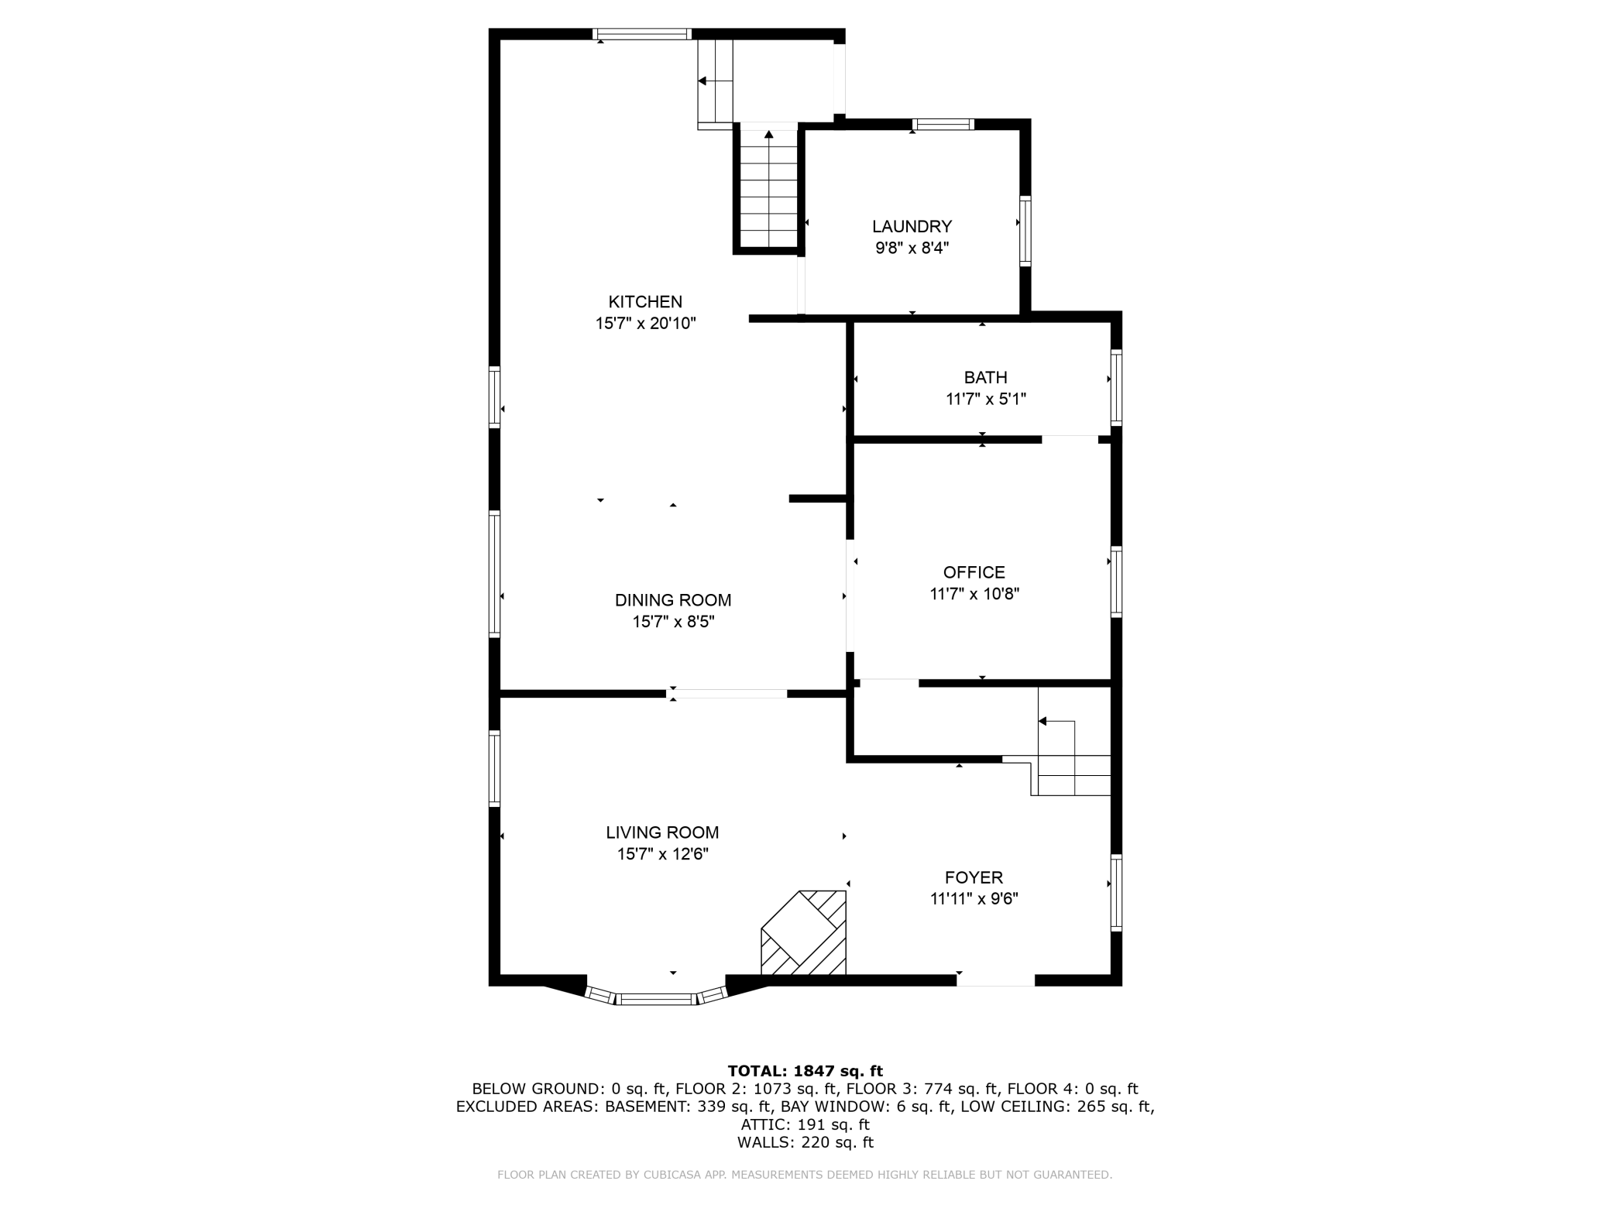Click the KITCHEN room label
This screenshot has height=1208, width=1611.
tap(645, 301)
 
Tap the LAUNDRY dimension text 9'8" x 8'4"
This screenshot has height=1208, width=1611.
tap(912, 249)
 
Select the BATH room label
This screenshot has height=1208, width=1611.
tap(985, 377)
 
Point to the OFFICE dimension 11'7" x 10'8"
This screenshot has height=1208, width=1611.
tap(974, 594)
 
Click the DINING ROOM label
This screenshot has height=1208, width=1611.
tap(673, 600)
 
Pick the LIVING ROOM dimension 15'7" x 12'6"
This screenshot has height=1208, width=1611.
tap(662, 854)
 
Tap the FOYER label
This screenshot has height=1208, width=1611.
tap(974, 877)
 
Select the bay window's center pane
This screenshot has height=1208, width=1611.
tap(657, 999)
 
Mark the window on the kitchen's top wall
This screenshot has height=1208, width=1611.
tap(641, 34)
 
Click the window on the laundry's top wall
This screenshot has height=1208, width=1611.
tap(943, 124)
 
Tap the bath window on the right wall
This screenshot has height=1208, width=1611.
tap(1116, 387)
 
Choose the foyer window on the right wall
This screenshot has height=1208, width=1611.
tap(1116, 891)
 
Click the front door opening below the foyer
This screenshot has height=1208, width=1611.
tap(995, 980)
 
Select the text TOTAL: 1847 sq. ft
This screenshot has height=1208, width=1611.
tap(805, 1071)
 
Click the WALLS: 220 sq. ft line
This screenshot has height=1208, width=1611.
tap(805, 1142)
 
